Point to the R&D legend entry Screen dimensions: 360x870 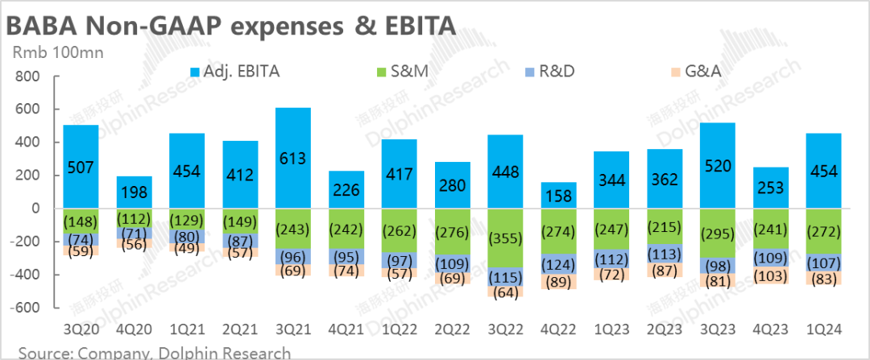tap(547, 72)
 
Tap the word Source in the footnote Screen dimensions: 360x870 tap(42, 353)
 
